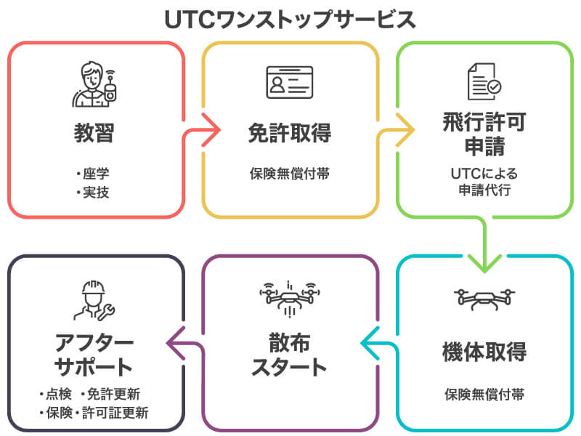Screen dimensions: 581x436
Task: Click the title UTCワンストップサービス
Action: click(290, 20)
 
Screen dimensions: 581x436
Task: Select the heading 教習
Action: click(94, 133)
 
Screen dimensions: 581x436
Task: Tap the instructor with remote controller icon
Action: click(94, 84)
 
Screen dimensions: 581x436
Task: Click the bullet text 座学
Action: click(96, 174)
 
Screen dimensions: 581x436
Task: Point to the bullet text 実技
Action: click(96, 193)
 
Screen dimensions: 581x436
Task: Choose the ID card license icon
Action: click(290, 82)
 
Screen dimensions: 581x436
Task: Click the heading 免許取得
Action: click(290, 133)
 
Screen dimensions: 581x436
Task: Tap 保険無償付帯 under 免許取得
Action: click(290, 174)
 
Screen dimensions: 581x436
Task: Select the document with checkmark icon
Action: click(484, 81)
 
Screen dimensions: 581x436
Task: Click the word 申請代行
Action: click(484, 190)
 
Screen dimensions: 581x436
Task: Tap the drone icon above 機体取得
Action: click(484, 299)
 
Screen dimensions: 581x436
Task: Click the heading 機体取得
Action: click(484, 352)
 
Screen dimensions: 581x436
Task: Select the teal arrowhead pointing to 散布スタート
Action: click(368, 343)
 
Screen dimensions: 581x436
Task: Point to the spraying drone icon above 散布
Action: click(290, 299)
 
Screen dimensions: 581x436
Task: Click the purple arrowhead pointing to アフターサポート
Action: click(174, 343)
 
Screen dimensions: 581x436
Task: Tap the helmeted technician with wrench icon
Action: click(94, 300)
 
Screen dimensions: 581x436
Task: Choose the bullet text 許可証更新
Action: click(115, 413)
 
